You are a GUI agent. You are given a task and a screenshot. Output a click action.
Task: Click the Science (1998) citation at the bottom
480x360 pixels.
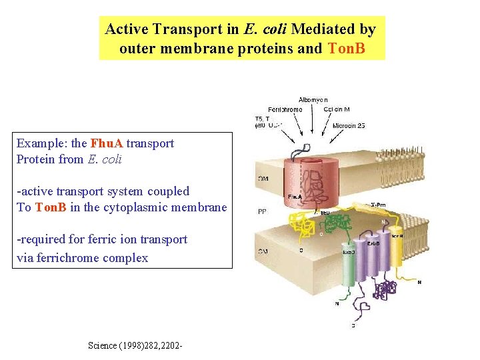135,345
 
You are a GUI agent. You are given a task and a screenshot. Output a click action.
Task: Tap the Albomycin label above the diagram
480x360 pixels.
313,100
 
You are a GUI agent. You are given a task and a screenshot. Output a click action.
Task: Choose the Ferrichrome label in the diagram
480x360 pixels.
285,109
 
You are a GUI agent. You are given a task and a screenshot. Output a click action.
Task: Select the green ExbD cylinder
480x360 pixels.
347,267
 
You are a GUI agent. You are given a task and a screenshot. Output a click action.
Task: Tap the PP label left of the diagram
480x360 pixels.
262,212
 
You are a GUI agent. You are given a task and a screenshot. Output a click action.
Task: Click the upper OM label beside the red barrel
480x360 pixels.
263,179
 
